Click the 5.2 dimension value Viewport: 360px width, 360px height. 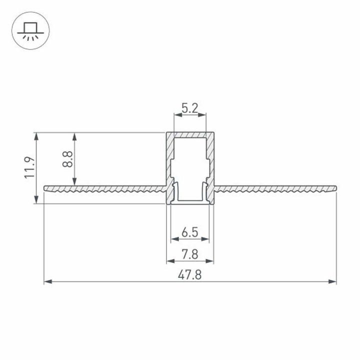click(x=189, y=107)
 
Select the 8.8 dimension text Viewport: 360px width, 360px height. click(x=68, y=158)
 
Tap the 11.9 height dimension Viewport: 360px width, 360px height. click(x=29, y=167)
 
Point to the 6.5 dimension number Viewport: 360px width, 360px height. click(x=189, y=232)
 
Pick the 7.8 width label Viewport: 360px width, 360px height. click(x=189, y=254)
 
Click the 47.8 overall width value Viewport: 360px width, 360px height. click(x=189, y=275)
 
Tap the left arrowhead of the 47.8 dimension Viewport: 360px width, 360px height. click(x=47, y=282)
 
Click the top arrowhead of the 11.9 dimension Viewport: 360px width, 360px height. click(x=36, y=135)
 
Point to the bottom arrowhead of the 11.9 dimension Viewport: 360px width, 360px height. click(x=36, y=201)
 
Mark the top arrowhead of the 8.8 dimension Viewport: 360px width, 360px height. click(x=75, y=135)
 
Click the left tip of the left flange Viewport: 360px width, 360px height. click(x=45, y=188)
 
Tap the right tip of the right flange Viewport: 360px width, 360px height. click(x=335, y=188)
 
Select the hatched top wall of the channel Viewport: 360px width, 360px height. click(x=190, y=135)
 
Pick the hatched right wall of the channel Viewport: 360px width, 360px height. click(x=210, y=155)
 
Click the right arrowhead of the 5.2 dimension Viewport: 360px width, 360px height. click(x=203, y=115)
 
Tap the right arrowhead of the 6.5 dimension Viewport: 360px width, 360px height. click(x=206, y=238)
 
